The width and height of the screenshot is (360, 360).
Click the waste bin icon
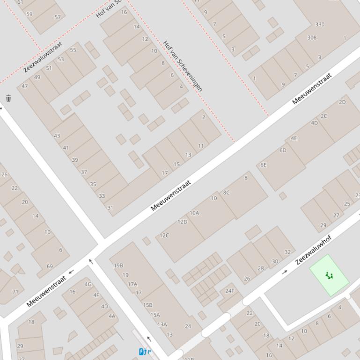click(x=8, y=98)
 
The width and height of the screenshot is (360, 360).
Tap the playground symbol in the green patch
click(x=330, y=275)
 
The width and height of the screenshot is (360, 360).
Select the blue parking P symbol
click(x=148, y=352)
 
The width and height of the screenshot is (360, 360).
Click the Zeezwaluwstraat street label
click(x=43, y=57)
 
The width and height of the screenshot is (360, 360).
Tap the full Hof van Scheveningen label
click(x=183, y=65)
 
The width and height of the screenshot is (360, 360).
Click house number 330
click(x=320, y=24)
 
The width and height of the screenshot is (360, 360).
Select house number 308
click(x=312, y=37)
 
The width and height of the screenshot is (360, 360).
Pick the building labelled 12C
click(x=164, y=235)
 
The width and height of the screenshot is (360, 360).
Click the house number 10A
click(x=194, y=213)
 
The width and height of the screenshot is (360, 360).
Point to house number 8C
click(x=227, y=192)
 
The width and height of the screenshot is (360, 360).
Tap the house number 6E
click(x=264, y=165)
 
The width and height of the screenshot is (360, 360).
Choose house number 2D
click(x=342, y=102)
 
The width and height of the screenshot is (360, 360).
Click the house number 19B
click(x=118, y=265)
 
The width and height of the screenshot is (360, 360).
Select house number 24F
click(x=229, y=291)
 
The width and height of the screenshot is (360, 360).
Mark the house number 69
click(x=50, y=266)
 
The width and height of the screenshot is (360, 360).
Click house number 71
click(x=15, y=292)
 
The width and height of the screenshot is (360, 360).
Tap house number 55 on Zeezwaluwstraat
click(x=73, y=50)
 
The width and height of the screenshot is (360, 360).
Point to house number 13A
click(x=162, y=324)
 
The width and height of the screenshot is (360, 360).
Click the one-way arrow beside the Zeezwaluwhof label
click(x=284, y=272)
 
